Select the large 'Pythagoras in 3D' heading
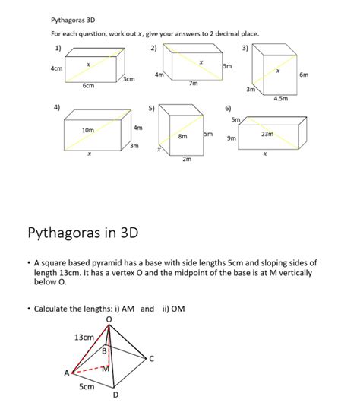pyautogui.click(x=83, y=230)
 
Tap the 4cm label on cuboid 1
pyautogui.click(x=55, y=68)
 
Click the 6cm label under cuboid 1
pyautogui.click(x=88, y=87)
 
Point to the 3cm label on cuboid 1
pyautogui.click(x=129, y=79)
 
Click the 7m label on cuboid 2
pyautogui.click(x=194, y=84)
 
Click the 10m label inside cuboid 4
pyautogui.click(x=88, y=130)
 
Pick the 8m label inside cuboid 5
pyautogui.click(x=183, y=136)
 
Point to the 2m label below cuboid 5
pyautogui.click(x=187, y=160)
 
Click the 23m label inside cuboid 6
pyautogui.click(x=267, y=134)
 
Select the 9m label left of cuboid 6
pyautogui.click(x=231, y=138)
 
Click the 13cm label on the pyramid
pyautogui.click(x=84, y=337)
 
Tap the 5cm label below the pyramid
pyautogui.click(x=87, y=387)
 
